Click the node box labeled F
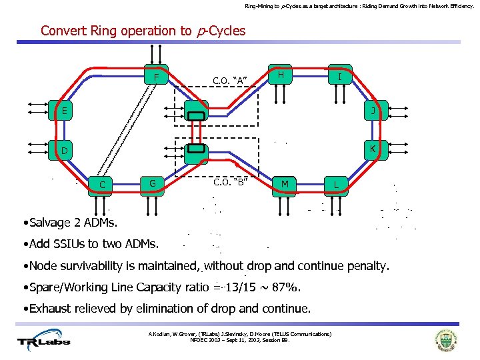coord(156,77)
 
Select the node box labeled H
coord(281,75)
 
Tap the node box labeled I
coord(340,77)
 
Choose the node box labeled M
coord(285,183)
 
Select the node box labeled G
coord(153,183)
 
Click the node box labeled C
coord(101,185)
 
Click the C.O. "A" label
coord(230,81)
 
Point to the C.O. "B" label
coord(230,181)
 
